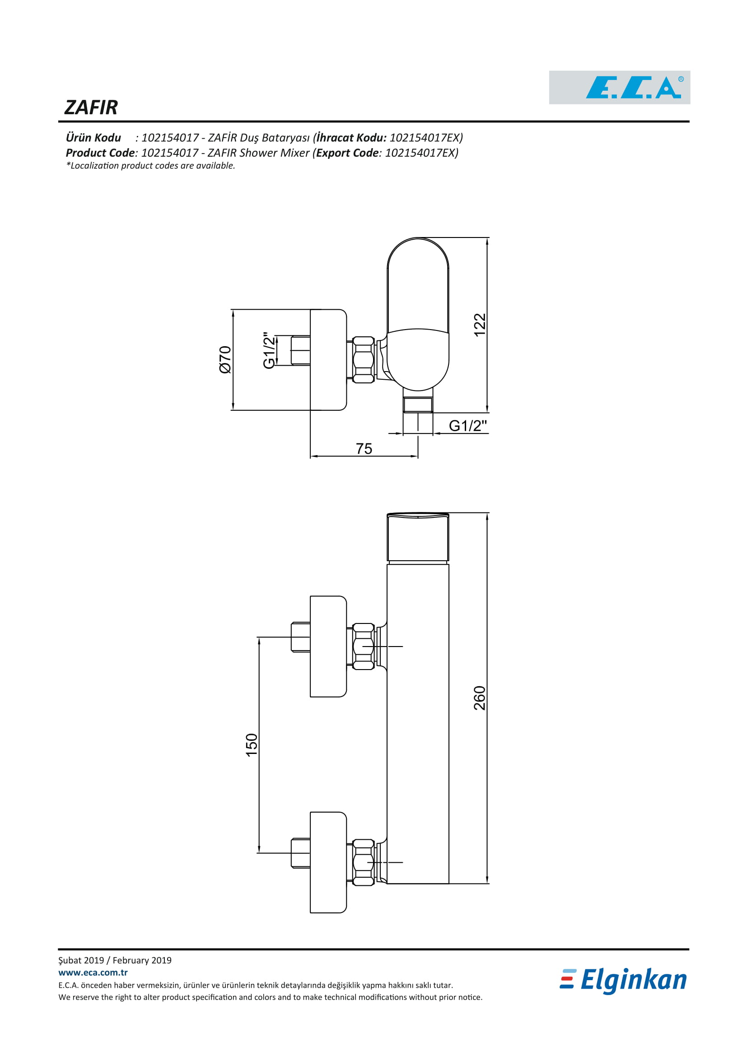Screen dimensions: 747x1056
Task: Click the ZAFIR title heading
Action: point(91,107)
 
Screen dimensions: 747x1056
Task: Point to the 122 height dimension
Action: point(480,325)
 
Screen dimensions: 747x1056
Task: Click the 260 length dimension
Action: point(480,698)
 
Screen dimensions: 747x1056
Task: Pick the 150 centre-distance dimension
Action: point(252,745)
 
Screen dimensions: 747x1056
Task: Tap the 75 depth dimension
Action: point(364,448)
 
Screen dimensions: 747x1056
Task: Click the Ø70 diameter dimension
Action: point(225,359)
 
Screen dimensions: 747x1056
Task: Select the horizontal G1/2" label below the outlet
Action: point(467,425)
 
